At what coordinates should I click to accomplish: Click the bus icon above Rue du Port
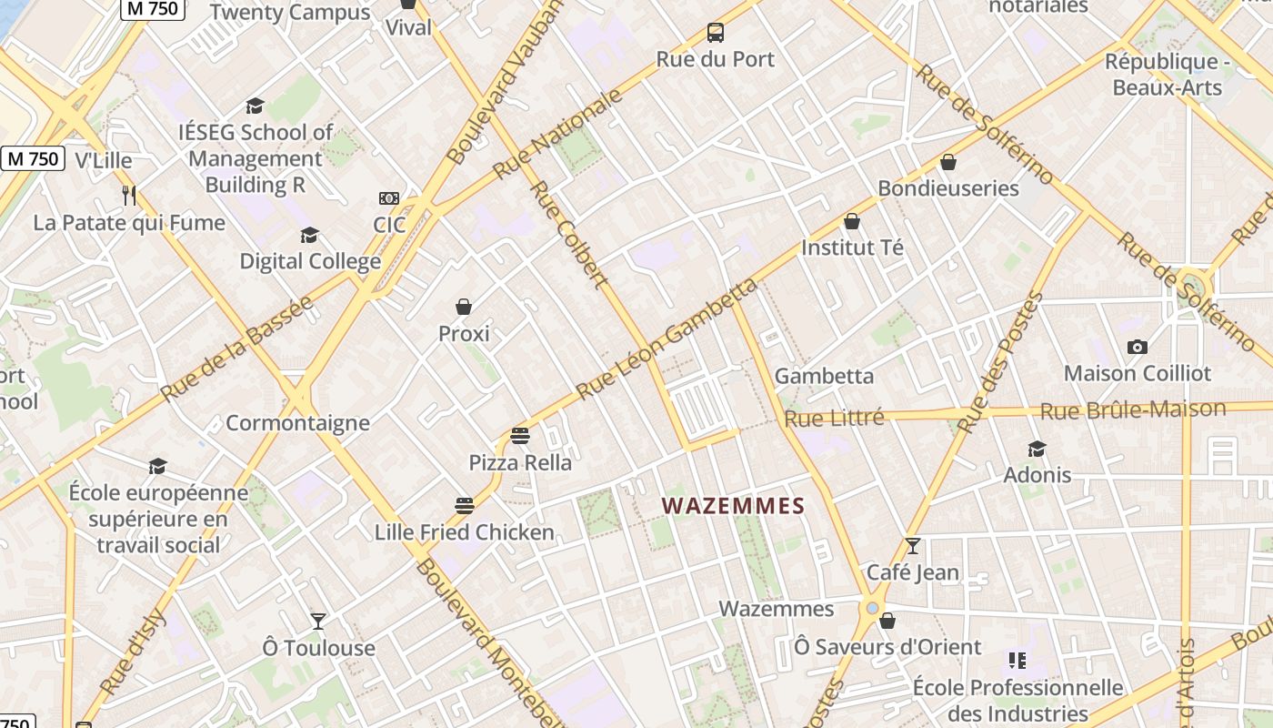point(716,34)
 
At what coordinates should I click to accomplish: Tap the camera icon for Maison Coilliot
point(1137,347)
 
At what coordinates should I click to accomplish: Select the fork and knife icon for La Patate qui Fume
point(129,195)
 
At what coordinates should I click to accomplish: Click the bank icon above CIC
point(388,198)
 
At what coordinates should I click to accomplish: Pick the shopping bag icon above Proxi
point(464,307)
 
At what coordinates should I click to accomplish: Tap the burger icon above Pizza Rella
point(520,436)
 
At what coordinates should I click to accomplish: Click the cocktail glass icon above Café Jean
point(913,546)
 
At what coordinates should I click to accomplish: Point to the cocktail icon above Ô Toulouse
point(318,621)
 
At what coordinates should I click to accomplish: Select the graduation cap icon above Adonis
point(1037,449)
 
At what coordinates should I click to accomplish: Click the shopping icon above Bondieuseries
point(948,162)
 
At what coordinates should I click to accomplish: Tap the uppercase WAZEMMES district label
point(733,506)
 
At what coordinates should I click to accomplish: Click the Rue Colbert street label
point(568,234)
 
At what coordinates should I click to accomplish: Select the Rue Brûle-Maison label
point(1132,410)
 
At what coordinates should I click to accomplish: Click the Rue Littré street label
point(834,418)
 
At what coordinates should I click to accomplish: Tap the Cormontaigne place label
point(297,423)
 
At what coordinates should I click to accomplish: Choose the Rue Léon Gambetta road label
point(667,339)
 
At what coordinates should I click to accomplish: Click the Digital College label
point(310,262)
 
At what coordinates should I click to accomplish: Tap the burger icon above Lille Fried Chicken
point(465,506)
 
